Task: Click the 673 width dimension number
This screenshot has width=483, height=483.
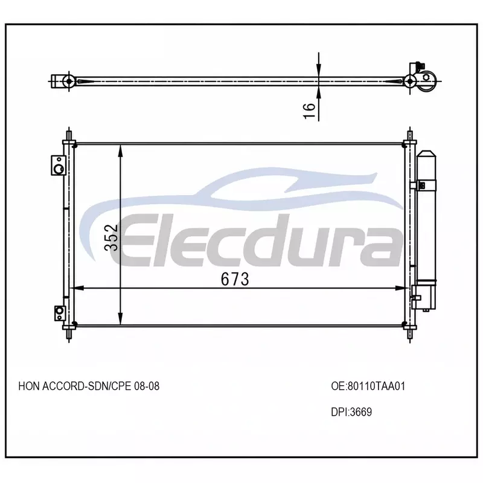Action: (235, 279)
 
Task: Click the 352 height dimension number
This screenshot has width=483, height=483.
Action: (111, 237)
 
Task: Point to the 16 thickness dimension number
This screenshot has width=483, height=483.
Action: (309, 111)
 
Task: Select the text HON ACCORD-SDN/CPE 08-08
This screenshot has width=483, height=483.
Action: (89, 386)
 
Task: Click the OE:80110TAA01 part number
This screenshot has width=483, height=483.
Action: (368, 386)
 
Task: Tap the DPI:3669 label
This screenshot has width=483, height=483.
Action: (351, 412)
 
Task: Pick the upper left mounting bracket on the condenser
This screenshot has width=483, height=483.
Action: (59, 165)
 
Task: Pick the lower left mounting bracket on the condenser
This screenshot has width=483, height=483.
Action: (59, 313)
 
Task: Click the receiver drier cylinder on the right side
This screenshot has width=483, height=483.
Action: (426, 216)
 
